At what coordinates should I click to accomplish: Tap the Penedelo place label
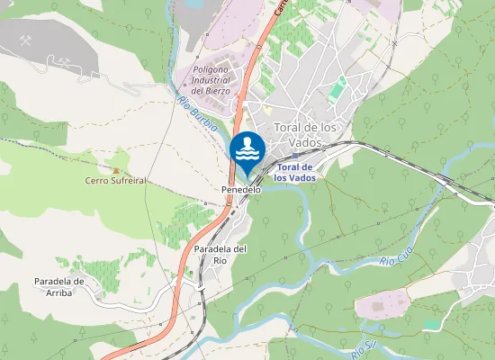pos(241,190)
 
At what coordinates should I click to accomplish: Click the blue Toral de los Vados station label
pos(295,172)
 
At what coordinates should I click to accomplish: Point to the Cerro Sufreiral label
pos(115,180)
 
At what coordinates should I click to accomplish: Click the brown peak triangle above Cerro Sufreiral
pos(115,168)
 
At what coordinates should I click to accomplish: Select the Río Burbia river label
pos(197,114)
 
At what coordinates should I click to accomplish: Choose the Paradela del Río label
pos(220,254)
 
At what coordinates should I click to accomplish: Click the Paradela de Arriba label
pos(59,287)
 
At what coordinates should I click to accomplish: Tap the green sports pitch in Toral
pos(337,89)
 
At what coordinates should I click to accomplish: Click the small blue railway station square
pos(295,156)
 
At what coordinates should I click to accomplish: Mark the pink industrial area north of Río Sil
pos(382,307)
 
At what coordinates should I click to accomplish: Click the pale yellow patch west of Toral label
pos(266,110)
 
